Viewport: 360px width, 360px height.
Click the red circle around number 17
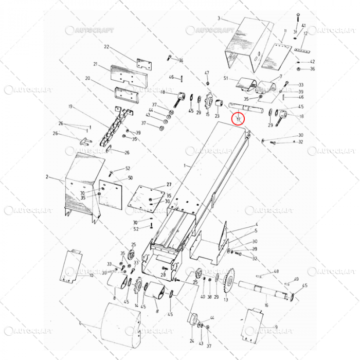coord(239,119)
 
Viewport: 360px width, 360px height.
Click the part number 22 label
coord(106,47)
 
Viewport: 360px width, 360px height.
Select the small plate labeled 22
coord(145,64)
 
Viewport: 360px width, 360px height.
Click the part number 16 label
coord(266,305)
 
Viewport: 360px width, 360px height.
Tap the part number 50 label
coord(130,178)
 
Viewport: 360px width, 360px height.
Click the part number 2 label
coord(47,176)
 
